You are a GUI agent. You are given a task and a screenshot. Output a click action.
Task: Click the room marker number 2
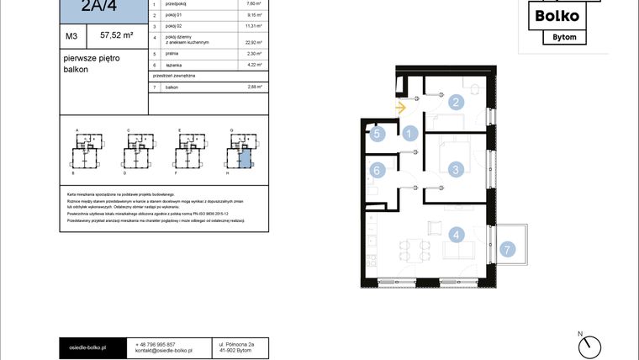pos(456,103)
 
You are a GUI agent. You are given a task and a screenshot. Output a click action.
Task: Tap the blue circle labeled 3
pos(456,170)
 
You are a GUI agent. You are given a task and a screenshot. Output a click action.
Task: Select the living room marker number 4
pos(456,236)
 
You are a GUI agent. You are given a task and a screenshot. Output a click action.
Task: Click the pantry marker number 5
pos(378,133)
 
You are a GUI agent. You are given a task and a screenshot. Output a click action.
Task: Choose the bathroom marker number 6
pos(378,171)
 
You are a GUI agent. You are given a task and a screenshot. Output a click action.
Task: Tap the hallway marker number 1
pos(409,133)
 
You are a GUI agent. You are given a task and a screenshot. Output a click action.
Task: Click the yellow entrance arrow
pos(400,107)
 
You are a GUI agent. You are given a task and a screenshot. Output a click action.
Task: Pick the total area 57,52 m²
pos(117,35)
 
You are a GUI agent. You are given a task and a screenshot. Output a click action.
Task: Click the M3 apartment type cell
pos(72,36)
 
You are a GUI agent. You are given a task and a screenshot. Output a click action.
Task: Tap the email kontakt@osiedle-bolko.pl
pos(164,351)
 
